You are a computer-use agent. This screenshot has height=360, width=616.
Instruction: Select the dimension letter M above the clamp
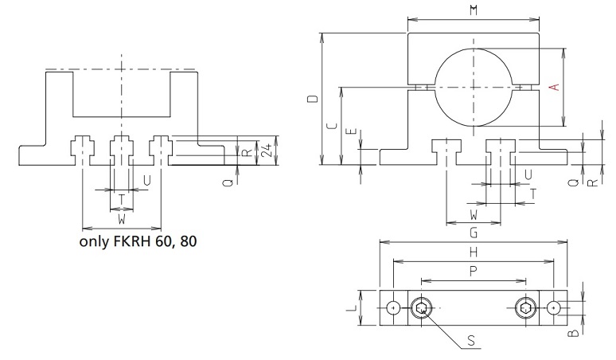474,10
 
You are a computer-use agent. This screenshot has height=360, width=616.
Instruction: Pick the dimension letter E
352,135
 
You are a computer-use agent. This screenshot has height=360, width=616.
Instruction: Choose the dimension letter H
474,252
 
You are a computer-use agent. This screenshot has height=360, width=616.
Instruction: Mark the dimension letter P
474,272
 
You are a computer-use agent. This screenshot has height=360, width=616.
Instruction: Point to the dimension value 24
268,150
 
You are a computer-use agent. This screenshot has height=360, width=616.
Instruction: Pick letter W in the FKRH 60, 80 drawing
121,217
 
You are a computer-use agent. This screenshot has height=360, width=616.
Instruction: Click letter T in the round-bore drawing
532,193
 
